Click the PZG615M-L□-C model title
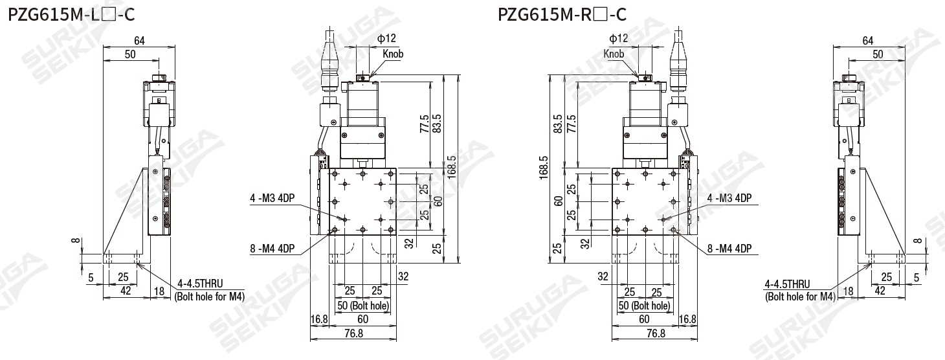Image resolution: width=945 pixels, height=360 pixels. [71, 15]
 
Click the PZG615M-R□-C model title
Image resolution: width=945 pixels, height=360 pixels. [562, 15]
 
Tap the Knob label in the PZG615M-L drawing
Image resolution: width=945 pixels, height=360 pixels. [393, 54]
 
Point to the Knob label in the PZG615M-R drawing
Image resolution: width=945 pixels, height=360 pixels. [614, 54]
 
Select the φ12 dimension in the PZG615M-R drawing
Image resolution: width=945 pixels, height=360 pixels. [618, 38]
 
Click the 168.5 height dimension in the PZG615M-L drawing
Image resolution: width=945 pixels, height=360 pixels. [451, 167]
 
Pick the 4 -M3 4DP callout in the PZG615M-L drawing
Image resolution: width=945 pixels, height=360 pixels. [272, 198]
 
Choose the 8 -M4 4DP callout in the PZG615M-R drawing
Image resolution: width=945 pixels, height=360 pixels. [729, 249]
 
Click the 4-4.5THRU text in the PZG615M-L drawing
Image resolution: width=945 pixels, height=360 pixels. [200, 284]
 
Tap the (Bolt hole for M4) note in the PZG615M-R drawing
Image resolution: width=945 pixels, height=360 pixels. [800, 297]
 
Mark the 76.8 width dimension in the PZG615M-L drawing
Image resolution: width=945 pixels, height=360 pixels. [353, 333]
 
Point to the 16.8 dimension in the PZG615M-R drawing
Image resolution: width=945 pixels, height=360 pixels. [687, 319]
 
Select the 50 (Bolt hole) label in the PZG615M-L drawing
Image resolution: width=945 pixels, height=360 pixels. [363, 306]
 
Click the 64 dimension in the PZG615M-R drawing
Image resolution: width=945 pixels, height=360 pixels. [867, 41]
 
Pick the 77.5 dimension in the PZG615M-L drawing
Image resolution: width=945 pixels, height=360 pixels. [425, 124]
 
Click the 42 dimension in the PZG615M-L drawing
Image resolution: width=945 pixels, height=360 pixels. [126, 291]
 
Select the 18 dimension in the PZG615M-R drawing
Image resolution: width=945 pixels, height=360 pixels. [848, 291]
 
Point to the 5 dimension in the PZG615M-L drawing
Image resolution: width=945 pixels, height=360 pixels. [91, 278]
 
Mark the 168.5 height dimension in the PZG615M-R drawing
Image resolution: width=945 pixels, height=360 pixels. [544, 168]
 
